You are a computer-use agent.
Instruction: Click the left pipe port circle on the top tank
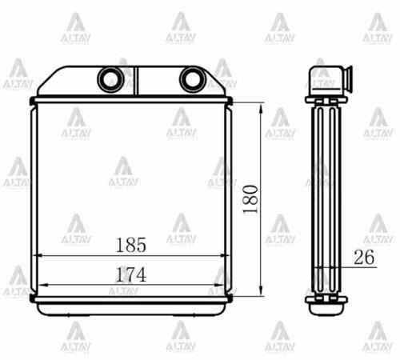107,78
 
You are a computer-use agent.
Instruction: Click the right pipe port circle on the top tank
191,78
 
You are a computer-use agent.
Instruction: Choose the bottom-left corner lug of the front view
33,298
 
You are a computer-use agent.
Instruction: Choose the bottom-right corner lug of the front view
230,298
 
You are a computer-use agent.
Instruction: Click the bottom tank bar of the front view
132,300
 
